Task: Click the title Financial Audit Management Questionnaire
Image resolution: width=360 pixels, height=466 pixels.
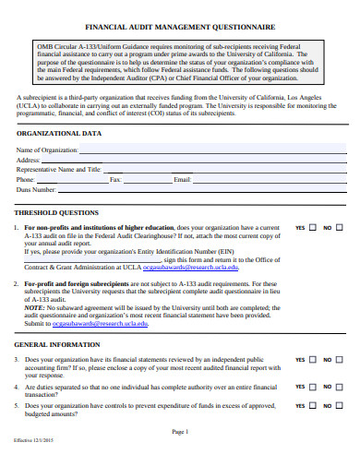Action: click(181, 29)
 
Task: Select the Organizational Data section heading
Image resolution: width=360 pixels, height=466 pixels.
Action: click(59, 133)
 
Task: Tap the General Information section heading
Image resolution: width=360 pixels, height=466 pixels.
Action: click(57, 345)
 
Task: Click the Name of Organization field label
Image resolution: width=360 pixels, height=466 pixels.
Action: click(47, 149)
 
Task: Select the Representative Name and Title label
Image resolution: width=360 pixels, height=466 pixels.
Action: click(58, 169)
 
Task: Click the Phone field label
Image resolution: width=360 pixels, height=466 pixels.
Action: click(27, 179)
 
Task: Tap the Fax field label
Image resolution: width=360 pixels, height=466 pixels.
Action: click(115, 179)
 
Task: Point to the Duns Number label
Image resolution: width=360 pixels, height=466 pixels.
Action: click(38, 189)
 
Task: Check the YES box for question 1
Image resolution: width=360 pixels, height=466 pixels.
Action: click(312, 227)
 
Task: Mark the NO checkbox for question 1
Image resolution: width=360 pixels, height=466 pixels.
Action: click(338, 227)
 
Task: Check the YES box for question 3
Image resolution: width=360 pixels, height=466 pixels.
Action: click(312, 360)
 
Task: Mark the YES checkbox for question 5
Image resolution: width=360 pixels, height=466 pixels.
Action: click(312, 404)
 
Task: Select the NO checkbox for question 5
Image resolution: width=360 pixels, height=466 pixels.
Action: click(338, 404)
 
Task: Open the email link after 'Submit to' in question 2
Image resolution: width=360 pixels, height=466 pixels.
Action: click(90, 324)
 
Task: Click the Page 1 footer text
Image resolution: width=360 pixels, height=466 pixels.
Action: click(180, 432)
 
